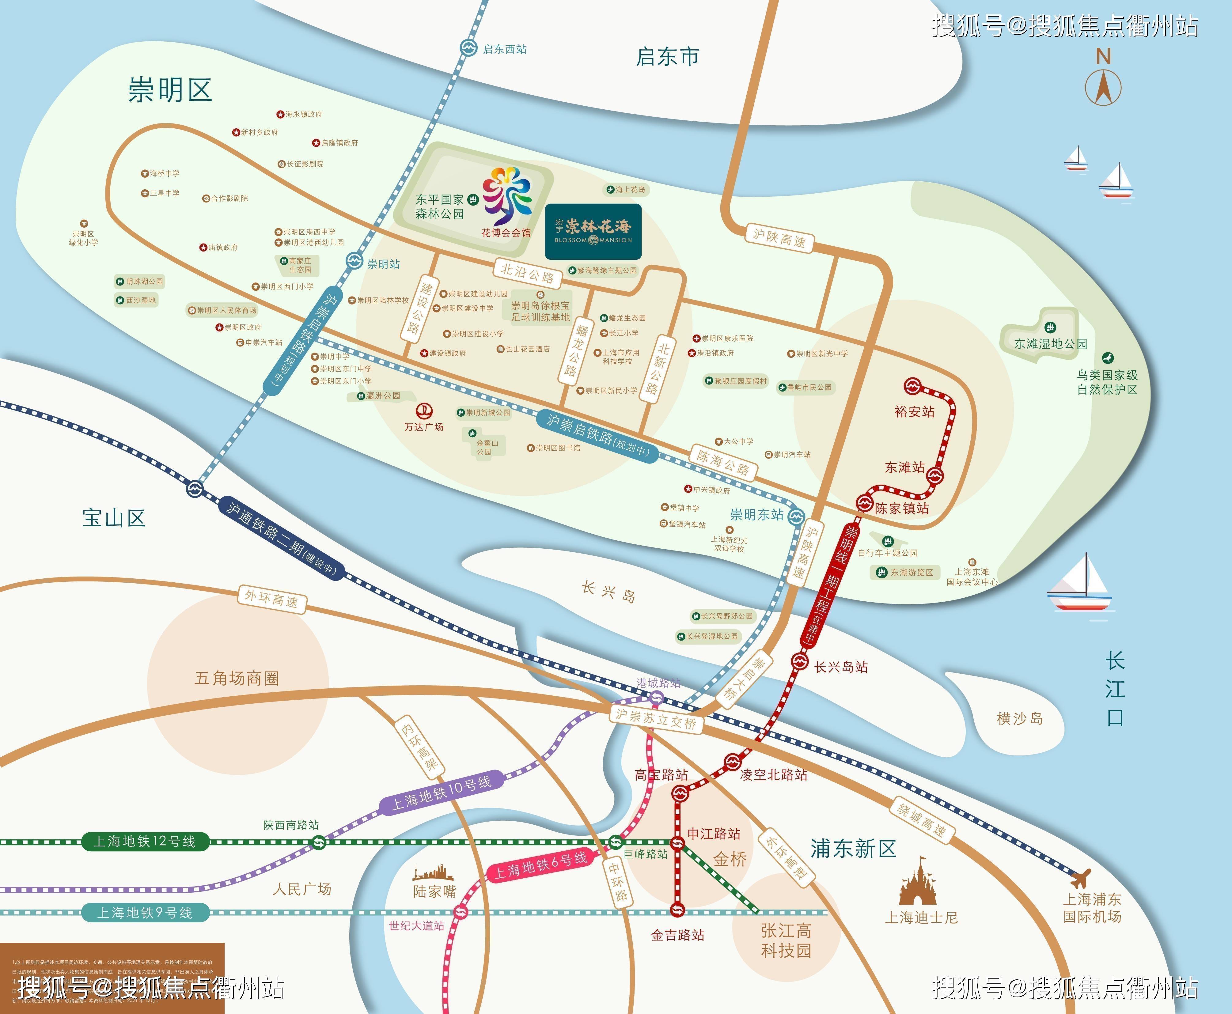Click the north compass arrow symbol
(x=1103, y=88)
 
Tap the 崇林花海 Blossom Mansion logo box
(x=593, y=232)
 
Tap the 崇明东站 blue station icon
(x=796, y=516)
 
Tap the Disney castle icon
(x=921, y=882)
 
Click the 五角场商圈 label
(x=237, y=678)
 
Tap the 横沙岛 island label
(x=1019, y=718)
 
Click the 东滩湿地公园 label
(x=1050, y=343)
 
